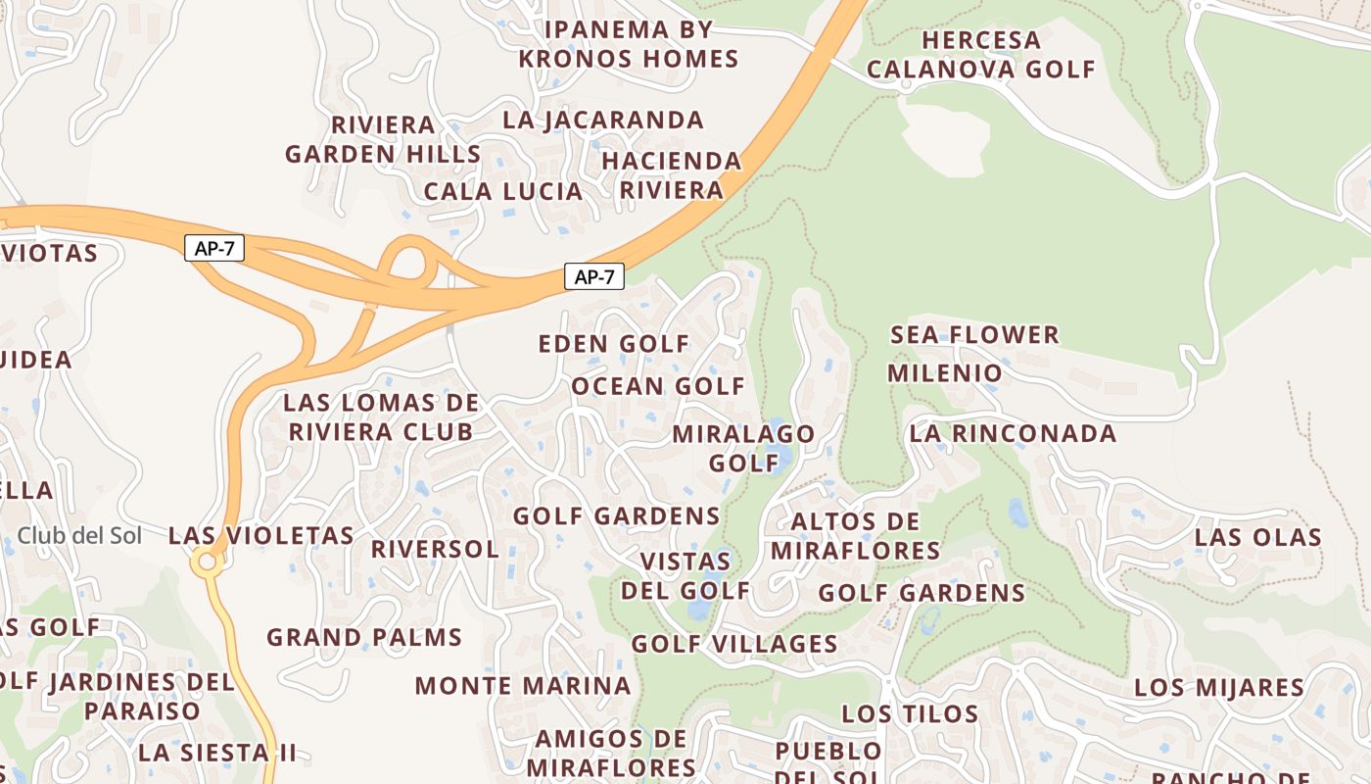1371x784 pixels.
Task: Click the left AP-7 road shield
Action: [213, 248]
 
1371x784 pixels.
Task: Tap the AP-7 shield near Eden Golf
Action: [593, 276]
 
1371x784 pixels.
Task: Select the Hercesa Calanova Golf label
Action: [980, 55]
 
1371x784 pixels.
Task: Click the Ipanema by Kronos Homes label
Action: [628, 44]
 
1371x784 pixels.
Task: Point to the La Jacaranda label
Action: [603, 121]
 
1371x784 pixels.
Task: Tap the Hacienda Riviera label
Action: [672, 174]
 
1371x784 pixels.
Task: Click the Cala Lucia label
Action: [503, 191]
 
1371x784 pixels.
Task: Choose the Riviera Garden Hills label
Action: [383, 139]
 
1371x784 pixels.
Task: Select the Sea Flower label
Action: [974, 335]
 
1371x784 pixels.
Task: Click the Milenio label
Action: [945, 373]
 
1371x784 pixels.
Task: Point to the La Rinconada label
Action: [1013, 433]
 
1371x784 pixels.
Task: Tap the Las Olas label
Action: [1258, 537]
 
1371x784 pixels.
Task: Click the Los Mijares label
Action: [1219, 688]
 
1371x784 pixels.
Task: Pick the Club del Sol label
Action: [79, 536]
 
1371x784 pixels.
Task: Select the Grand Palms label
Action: [364, 637]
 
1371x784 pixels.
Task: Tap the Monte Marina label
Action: [523, 686]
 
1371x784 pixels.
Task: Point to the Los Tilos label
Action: [910, 713]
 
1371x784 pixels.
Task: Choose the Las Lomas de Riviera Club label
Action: [381, 416]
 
